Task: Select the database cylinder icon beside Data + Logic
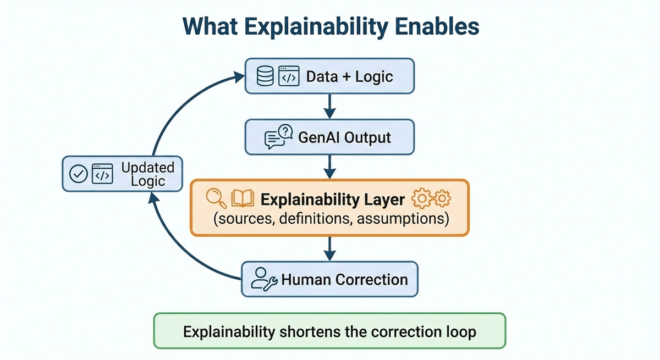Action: (x=266, y=76)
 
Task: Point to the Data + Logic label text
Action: (x=349, y=76)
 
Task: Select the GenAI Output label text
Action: (x=344, y=137)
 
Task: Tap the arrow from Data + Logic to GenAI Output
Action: (x=329, y=106)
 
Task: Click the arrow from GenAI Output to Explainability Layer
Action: (x=329, y=166)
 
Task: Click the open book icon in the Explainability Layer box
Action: (x=242, y=197)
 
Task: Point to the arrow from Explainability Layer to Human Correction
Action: (x=329, y=248)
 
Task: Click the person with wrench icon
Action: (x=263, y=279)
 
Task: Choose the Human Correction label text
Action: (x=344, y=279)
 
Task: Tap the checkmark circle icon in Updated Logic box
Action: (x=79, y=174)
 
